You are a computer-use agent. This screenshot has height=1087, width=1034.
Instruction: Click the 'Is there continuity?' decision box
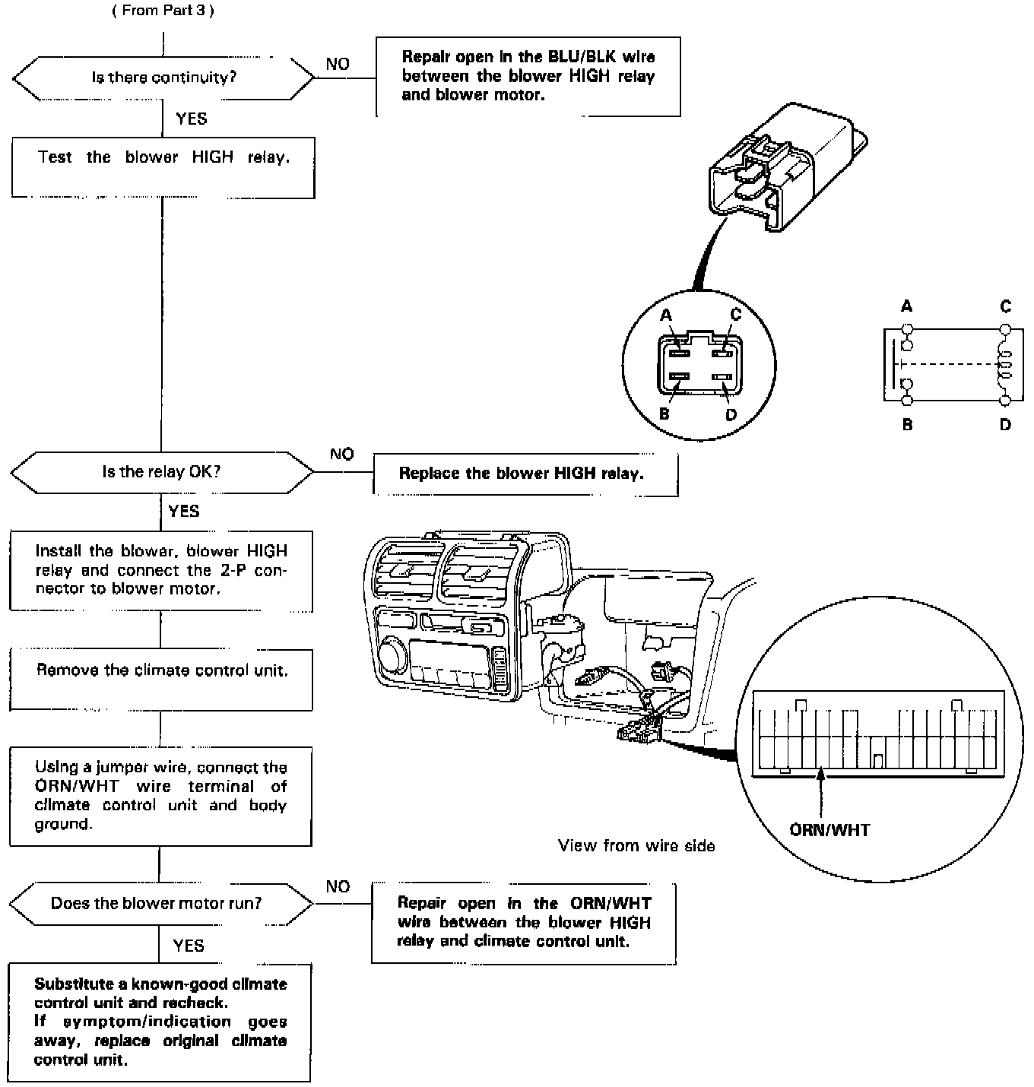[163, 78]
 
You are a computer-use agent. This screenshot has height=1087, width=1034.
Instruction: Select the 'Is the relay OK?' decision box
[161, 472]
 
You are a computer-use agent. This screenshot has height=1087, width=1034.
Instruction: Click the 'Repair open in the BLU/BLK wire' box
[528, 76]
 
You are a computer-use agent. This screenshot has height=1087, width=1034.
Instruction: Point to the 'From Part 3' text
[163, 11]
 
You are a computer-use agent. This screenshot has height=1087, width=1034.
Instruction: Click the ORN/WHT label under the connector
[829, 830]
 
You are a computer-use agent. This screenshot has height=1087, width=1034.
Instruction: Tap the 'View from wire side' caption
[636, 846]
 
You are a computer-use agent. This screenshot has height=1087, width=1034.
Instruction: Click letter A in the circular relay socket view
[666, 315]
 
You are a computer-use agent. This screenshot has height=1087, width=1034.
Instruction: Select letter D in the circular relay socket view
[731, 415]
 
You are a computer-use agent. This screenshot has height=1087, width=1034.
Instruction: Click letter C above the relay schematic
[1006, 307]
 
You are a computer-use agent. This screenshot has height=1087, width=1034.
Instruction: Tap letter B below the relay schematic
[907, 425]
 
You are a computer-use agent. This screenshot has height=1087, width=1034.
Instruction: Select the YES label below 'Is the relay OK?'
[184, 511]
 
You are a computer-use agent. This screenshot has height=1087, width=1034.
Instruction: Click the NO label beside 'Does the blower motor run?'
[338, 887]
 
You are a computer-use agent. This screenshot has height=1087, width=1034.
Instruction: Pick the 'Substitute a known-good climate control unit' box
[160, 1022]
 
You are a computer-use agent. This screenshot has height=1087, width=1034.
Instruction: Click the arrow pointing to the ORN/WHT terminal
[820, 791]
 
